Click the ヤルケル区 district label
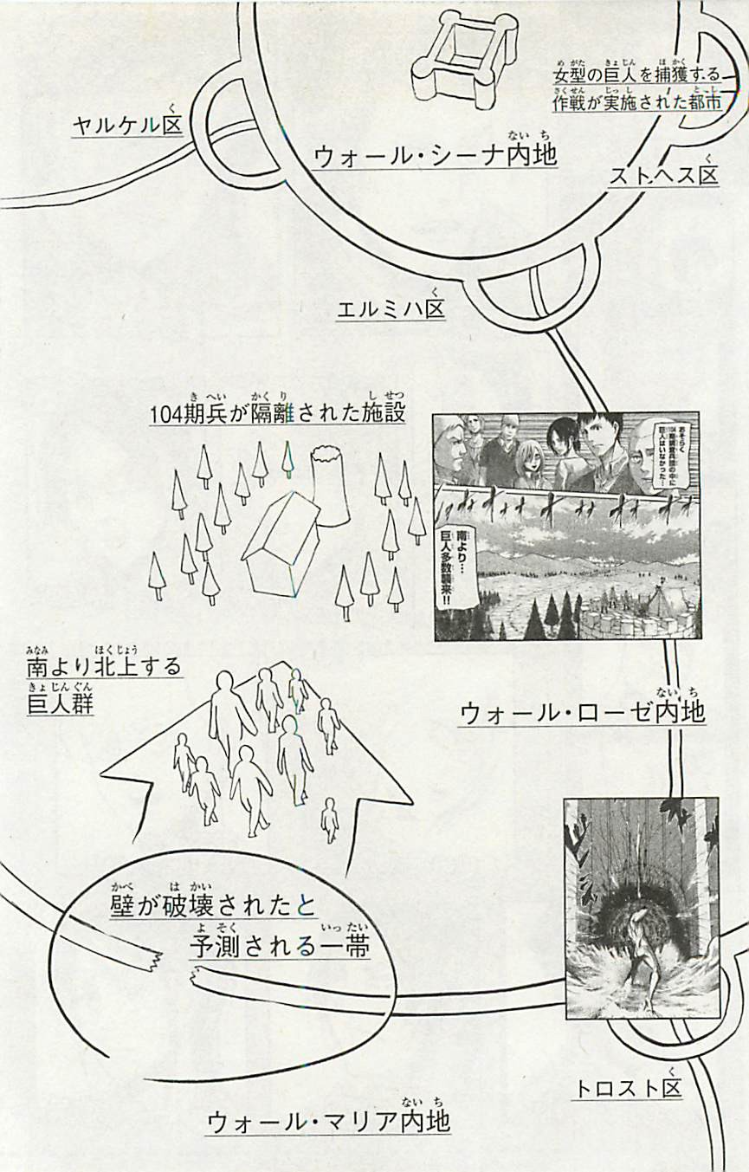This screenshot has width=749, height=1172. point(127,126)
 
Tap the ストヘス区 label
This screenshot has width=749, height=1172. point(665,176)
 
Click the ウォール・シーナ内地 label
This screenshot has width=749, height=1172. point(435,155)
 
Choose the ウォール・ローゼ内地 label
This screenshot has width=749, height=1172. point(582,713)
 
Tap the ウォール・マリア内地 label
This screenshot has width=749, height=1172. point(329,1123)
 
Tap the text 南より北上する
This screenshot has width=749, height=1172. point(104,667)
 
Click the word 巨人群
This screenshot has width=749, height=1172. point(60,704)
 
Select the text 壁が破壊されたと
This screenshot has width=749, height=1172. point(213,906)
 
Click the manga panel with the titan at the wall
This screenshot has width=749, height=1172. point(641,907)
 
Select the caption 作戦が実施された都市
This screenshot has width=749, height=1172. point(638,102)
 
